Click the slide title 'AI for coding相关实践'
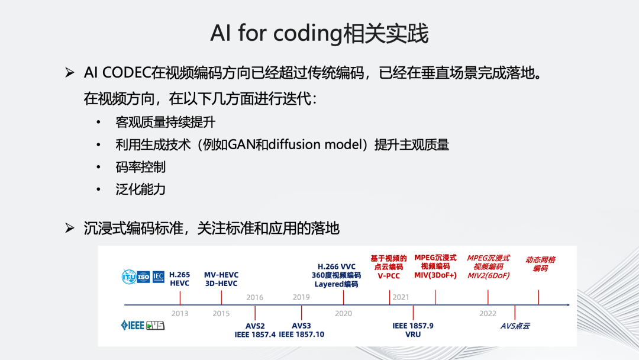319,34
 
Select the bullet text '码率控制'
140,167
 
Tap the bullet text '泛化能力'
140,189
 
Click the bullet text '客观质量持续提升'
165,123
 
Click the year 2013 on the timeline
180,313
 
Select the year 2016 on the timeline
255,297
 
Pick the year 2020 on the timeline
343,313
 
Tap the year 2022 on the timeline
488,313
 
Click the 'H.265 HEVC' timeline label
180,279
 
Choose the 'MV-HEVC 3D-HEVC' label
221,279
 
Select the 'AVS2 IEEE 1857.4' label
255,330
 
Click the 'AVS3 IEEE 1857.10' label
302,330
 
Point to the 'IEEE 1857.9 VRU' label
413,330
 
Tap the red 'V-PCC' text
389,276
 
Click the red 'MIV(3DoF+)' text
435,275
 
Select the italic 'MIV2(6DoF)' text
488,275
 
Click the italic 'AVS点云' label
515,326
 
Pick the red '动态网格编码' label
540,263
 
